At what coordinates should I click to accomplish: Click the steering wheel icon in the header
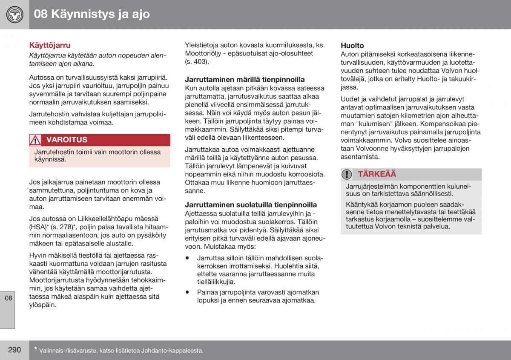(x=14, y=14)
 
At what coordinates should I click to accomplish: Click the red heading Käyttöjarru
(x=50, y=45)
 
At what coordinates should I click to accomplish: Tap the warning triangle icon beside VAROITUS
(x=35, y=140)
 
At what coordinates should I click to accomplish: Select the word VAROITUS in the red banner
(x=67, y=140)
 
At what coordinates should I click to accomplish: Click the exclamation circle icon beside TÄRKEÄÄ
(x=347, y=174)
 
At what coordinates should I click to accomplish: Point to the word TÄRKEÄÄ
(x=377, y=174)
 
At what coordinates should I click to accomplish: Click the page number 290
(x=14, y=350)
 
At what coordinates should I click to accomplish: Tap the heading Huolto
(x=352, y=45)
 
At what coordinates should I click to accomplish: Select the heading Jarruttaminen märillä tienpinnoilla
(x=244, y=79)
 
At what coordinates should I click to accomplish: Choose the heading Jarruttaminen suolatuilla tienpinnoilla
(x=251, y=204)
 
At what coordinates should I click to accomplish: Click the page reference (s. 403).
(x=197, y=61)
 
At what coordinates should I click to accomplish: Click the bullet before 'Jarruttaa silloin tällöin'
(x=187, y=258)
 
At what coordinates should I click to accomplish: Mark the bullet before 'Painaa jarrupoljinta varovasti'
(x=187, y=292)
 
